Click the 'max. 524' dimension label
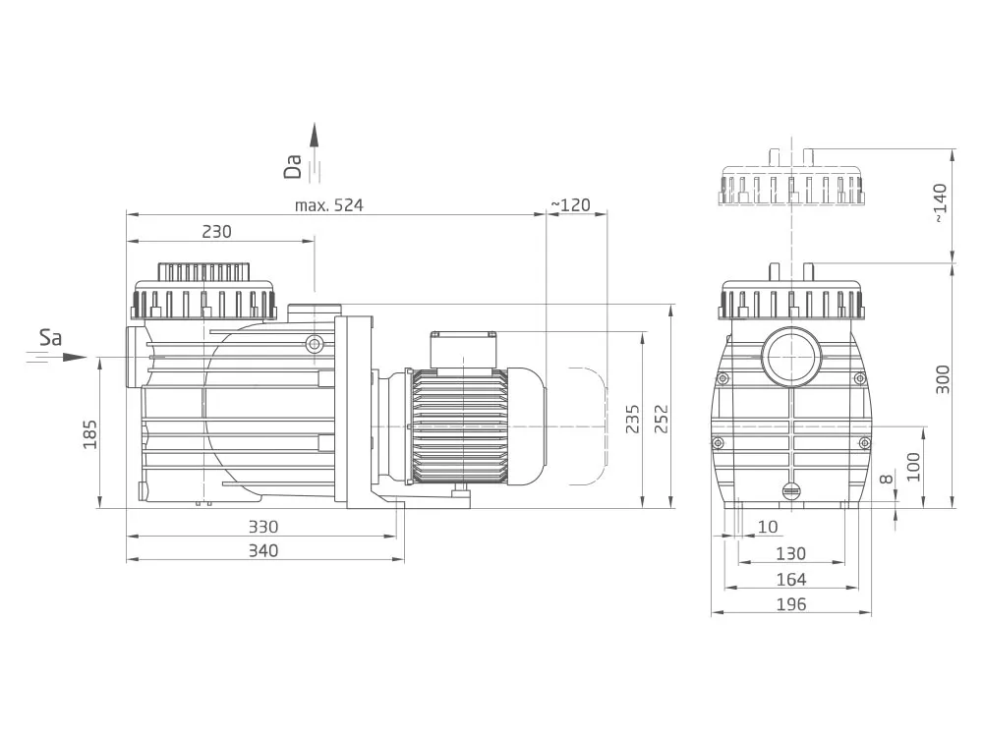(x=328, y=205)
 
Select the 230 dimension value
(x=217, y=232)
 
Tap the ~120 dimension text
(x=570, y=205)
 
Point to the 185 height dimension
(x=90, y=434)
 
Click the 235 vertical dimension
(x=632, y=420)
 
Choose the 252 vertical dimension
(x=662, y=420)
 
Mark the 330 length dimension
(x=263, y=527)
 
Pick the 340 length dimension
(x=263, y=551)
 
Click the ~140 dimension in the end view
(x=940, y=203)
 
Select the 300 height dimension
(x=943, y=379)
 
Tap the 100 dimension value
(x=913, y=466)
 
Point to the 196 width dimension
(x=791, y=604)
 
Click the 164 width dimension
(x=791, y=580)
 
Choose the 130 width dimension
(x=791, y=554)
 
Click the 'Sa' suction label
(x=51, y=338)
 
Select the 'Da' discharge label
(x=293, y=167)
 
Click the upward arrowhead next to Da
(x=315, y=134)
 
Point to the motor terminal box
(x=463, y=350)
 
